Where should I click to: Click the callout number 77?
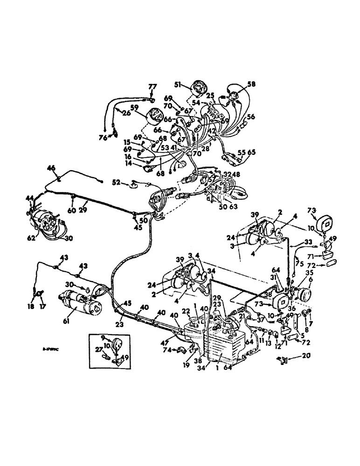tap(153, 87)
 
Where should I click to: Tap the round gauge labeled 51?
tap(194, 89)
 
